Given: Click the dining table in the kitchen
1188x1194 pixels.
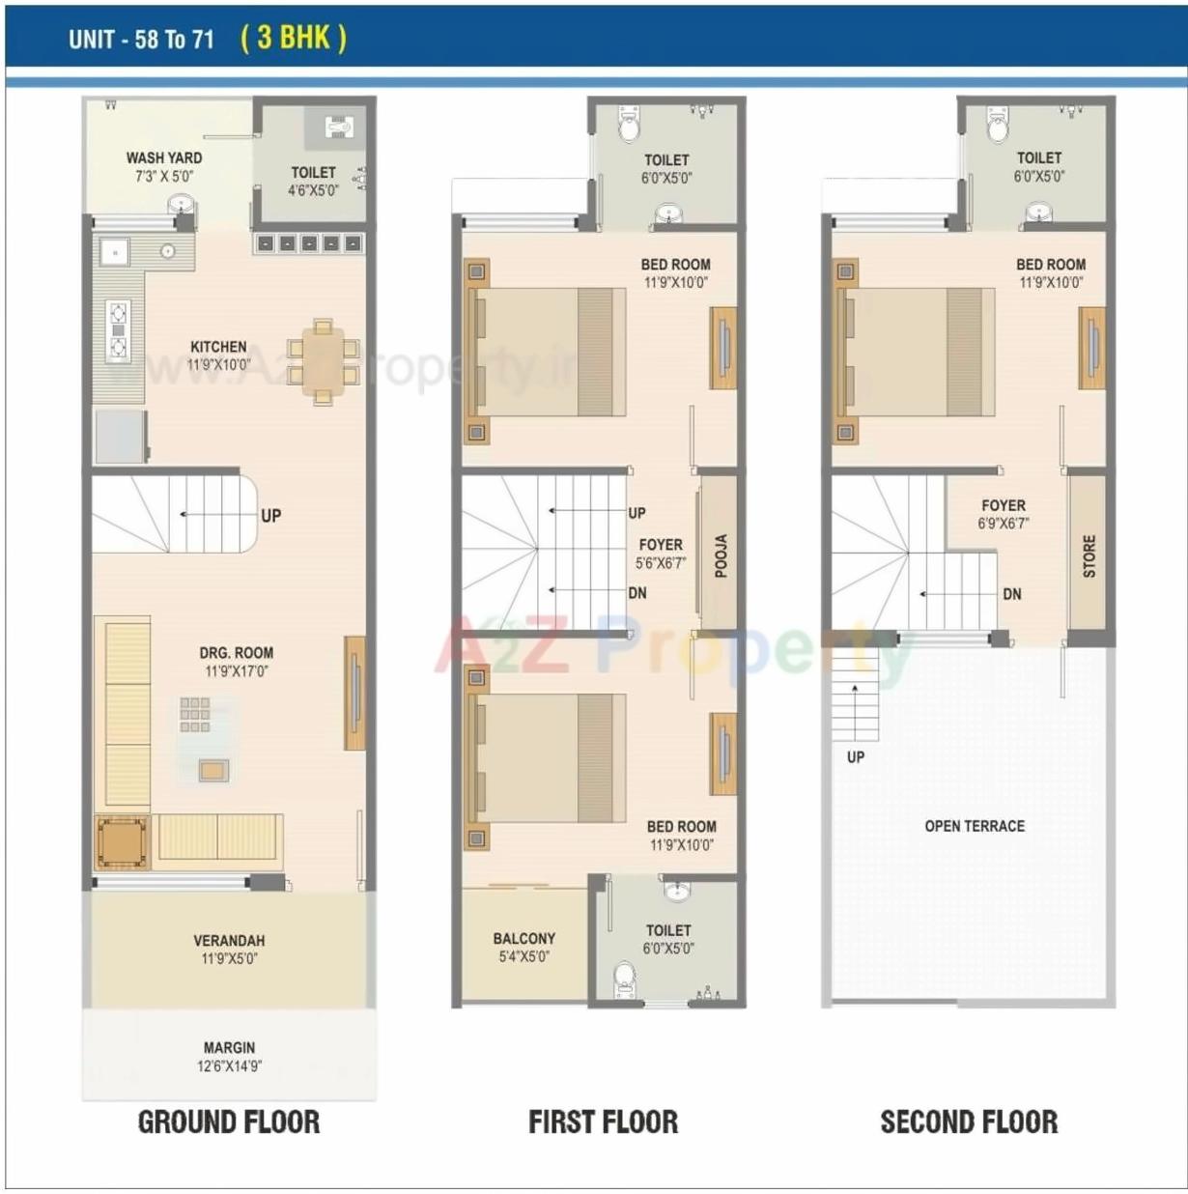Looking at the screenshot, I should tap(323, 362).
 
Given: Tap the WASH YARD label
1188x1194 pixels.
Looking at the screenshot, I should tap(164, 157).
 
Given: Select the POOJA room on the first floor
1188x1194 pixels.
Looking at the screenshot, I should tap(720, 555).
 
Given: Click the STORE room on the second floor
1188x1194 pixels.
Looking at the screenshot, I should tap(1089, 556).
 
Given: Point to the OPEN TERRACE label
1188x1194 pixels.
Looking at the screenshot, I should tap(974, 826).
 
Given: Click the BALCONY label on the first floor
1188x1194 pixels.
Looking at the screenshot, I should tap(523, 938).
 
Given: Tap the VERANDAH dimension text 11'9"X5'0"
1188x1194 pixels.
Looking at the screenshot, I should tap(229, 959).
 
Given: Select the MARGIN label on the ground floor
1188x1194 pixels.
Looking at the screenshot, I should tap(229, 1047).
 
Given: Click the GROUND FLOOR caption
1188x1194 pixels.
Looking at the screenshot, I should tap(229, 1122).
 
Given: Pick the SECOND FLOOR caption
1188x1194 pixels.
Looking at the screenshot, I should tap(969, 1122).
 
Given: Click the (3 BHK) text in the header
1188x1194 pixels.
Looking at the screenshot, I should tap(293, 38).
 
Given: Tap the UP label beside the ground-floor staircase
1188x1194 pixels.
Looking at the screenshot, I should tap(270, 516).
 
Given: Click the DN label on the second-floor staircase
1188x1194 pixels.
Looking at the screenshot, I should tap(1011, 594).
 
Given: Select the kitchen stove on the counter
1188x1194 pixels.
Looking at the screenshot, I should tap(118, 330).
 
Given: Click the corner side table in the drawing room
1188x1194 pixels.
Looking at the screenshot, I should tap(123, 842).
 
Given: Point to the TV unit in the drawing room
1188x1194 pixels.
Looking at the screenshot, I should tap(354, 693).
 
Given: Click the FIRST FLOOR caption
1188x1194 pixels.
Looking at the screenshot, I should tap(603, 1122).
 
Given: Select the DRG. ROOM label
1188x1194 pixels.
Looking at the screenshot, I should tap(237, 653).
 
